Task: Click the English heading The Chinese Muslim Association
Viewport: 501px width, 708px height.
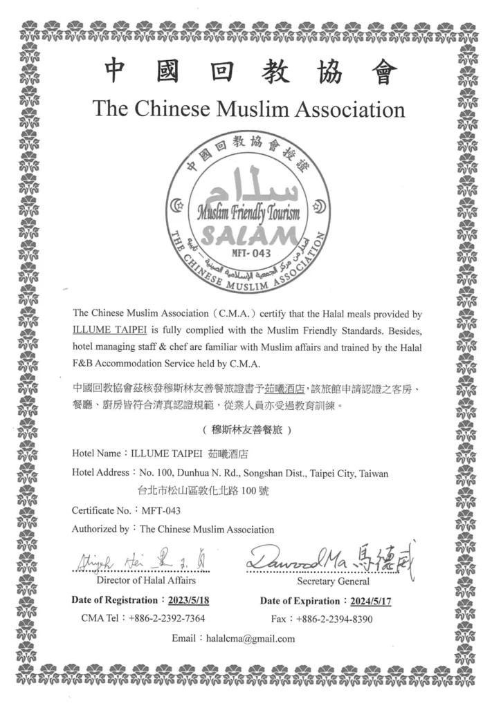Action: click(248, 109)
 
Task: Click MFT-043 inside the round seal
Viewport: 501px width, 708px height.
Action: click(252, 252)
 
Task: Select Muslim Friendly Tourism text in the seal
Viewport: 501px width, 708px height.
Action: click(249, 212)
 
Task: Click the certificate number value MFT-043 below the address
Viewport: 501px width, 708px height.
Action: click(161, 510)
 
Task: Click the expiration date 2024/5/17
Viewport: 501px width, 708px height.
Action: click(370, 601)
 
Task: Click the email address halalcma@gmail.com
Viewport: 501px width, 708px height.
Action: click(250, 638)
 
